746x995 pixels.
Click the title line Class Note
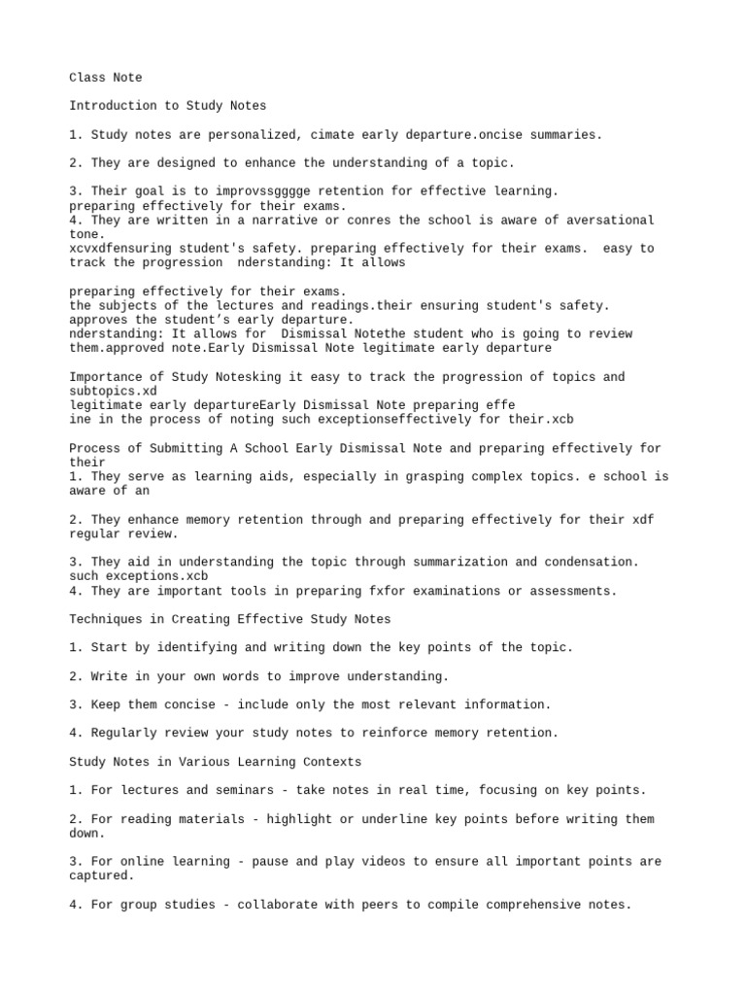click(106, 77)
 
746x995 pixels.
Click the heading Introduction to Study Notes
click(167, 106)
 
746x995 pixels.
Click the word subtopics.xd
click(113, 391)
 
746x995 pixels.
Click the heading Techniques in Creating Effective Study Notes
click(230, 619)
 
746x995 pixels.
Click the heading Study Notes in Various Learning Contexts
click(216, 761)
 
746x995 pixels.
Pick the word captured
click(102, 875)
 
